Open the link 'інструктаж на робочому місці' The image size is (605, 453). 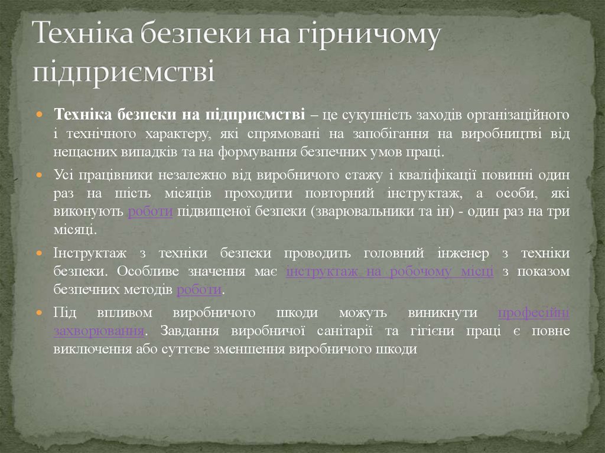coord(389,272)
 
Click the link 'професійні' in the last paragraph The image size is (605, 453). coord(534,313)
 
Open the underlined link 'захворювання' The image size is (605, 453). coord(99,331)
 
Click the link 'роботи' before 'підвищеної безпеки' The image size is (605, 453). coord(150,213)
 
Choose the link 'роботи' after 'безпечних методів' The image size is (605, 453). coord(199,290)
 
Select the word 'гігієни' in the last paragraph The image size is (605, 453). coord(434,331)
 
